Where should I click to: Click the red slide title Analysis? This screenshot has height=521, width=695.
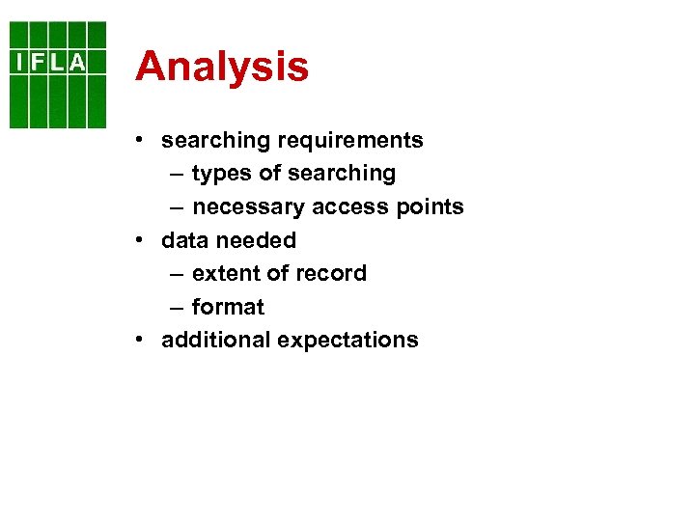click(x=222, y=67)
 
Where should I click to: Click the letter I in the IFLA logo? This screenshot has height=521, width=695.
click(x=19, y=63)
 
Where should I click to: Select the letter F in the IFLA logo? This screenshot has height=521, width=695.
click(x=37, y=63)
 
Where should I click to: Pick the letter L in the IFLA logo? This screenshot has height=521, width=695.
click(x=56, y=63)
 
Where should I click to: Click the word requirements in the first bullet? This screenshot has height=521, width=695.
click(x=350, y=141)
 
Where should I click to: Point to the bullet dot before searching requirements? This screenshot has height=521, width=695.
click(x=141, y=140)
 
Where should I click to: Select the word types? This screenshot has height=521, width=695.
click(x=222, y=174)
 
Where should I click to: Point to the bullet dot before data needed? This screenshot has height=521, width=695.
click(x=141, y=239)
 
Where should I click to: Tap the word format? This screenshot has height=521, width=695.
click(x=228, y=307)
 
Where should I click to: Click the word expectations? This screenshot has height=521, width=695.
click(x=347, y=341)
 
